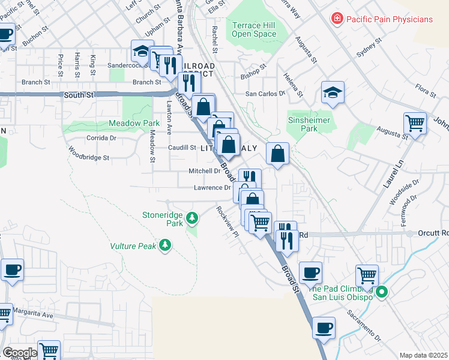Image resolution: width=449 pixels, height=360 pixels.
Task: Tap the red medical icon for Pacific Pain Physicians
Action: pyautogui.click(x=337, y=19)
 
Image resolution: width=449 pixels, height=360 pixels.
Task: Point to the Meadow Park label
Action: pyautogui.click(x=134, y=123)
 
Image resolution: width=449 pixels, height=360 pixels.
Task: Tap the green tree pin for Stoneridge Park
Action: pyautogui.click(x=191, y=217)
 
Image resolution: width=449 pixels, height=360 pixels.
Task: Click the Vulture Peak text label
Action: pyautogui.click(x=133, y=245)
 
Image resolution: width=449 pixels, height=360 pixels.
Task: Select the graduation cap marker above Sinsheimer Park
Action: pyautogui.click(x=333, y=93)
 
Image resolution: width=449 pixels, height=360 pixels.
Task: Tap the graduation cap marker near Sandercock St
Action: pyautogui.click(x=142, y=50)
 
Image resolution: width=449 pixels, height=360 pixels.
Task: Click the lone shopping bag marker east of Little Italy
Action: pyautogui.click(x=277, y=154)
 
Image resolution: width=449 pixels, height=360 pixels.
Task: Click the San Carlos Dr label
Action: pyautogui.click(x=264, y=94)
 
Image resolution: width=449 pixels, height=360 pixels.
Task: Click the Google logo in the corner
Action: pyautogui.click(x=19, y=352)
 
